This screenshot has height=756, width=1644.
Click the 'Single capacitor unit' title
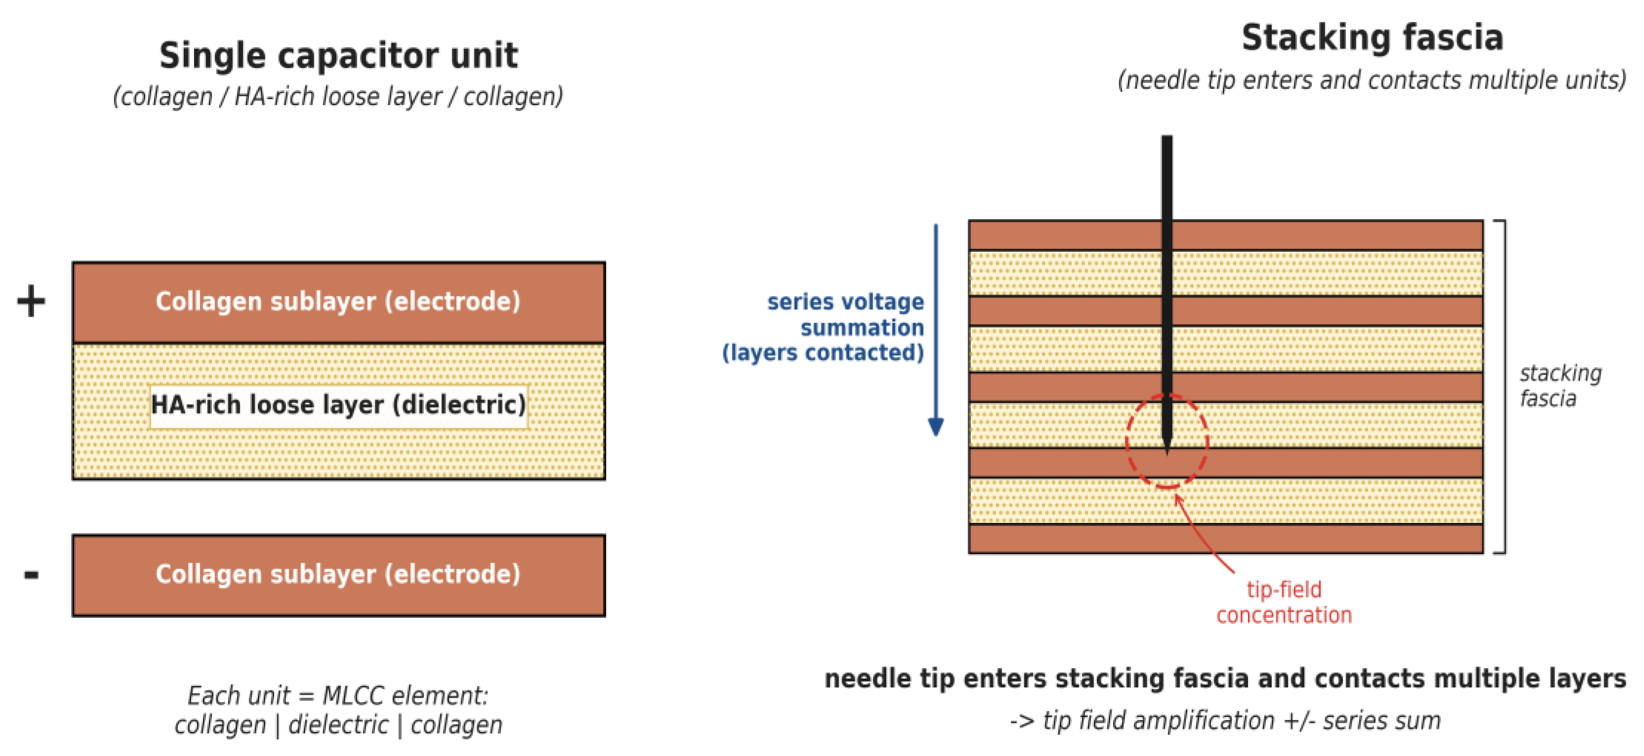[338, 55]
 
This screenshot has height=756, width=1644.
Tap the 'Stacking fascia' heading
[1372, 38]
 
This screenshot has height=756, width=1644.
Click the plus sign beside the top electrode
[31, 301]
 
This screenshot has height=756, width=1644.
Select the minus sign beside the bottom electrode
[31, 575]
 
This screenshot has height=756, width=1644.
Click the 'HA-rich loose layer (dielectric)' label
[338, 405]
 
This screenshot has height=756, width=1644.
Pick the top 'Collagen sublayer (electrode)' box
[338, 302]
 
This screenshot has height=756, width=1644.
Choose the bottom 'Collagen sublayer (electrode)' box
[338, 575]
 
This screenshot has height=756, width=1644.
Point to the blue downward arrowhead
[936, 427]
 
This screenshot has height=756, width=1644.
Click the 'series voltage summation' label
[845, 314]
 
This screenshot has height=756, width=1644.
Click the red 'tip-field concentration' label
[1283, 602]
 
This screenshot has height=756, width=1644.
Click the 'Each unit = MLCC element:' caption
[338, 695]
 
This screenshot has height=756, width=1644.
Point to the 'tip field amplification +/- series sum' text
[1225, 721]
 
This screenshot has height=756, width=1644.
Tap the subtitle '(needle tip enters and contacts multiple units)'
[1372, 80]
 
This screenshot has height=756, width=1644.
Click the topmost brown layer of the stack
[1225, 235]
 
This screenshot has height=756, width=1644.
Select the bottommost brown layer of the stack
[1225, 538]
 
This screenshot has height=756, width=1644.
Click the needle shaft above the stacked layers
[1166, 177]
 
